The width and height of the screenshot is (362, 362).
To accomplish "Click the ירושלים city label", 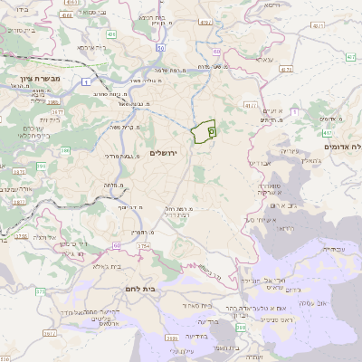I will (166, 153).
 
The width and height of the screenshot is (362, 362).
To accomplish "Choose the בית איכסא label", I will (91, 46).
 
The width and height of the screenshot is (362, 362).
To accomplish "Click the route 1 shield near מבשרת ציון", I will (84, 82).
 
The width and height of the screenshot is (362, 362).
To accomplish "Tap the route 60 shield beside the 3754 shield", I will (116, 245).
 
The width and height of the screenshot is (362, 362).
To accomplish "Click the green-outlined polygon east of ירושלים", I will (205, 132).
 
